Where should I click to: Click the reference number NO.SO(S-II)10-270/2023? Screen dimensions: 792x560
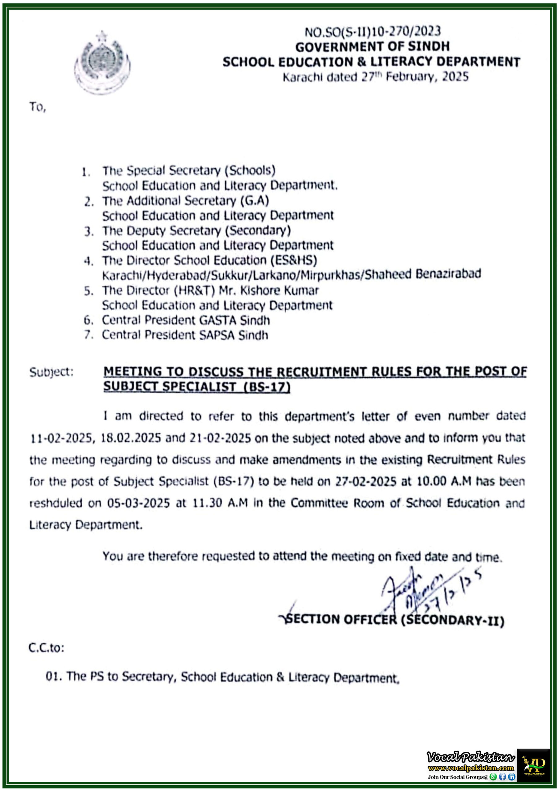[x=373, y=32]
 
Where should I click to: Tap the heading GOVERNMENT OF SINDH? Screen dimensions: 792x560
[x=373, y=47]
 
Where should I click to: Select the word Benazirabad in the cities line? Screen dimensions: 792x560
[x=448, y=274]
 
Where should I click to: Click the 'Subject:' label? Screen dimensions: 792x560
[x=51, y=372]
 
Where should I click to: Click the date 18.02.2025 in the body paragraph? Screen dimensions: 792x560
[x=131, y=438]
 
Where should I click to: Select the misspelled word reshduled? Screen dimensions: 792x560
[x=56, y=503]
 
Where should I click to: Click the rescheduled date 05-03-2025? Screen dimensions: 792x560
[x=138, y=503]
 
